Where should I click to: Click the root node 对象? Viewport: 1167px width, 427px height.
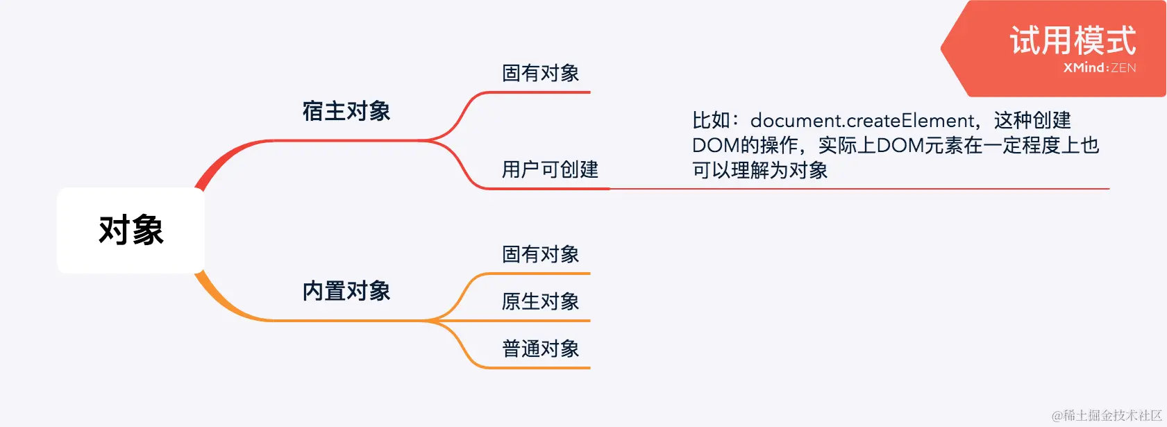pos(131,230)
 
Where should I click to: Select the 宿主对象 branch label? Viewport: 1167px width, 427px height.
pos(346,111)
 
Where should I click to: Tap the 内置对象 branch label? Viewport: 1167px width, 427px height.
pos(346,291)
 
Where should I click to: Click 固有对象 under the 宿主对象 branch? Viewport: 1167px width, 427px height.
pos(540,73)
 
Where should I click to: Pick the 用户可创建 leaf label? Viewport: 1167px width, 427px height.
pos(550,169)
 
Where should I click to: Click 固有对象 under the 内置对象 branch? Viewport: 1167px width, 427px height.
pos(540,254)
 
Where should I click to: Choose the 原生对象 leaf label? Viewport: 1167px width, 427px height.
pos(540,301)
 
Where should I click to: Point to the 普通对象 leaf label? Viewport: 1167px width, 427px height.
pos(540,349)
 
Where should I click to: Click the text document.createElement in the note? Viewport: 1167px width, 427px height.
pos(863,121)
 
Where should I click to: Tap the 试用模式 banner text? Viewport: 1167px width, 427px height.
pos(1073,40)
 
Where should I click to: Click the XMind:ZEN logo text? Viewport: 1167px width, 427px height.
pos(1100,68)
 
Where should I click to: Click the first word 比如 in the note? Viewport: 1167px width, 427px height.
pos(711,121)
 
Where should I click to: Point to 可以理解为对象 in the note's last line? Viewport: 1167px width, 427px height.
pos(759,170)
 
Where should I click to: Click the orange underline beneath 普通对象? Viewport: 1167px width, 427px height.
pos(541,367)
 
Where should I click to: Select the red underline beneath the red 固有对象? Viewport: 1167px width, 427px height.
pos(541,92)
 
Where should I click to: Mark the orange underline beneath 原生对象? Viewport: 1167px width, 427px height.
pos(541,321)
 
